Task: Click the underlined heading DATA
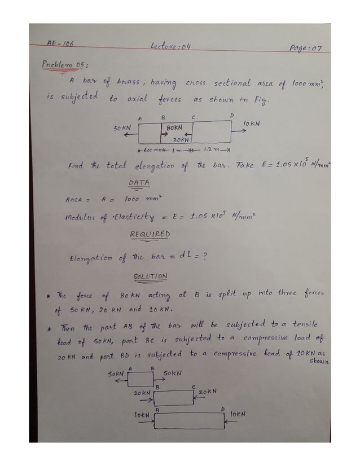pos(139,183)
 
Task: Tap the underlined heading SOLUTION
pos(150,277)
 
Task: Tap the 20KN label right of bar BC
pos(207,391)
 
